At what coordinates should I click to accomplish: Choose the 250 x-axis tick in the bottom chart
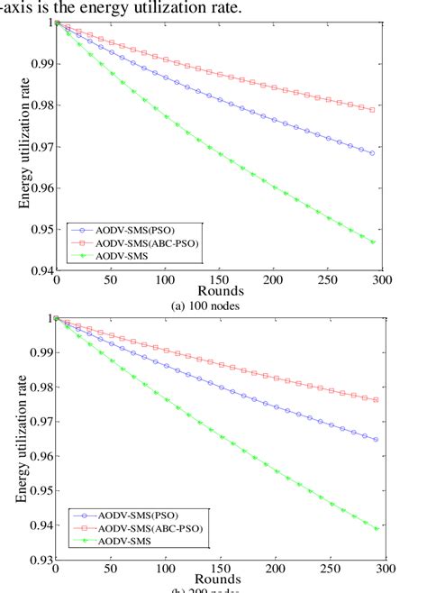[331, 570]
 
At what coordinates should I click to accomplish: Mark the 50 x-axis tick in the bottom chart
[112, 570]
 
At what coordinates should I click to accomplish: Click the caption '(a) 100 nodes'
[214, 305]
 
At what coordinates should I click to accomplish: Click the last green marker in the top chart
[373, 242]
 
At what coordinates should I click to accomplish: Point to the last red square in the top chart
[373, 110]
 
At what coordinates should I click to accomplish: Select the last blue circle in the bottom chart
[375, 440]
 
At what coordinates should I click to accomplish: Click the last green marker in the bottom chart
[375, 529]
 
